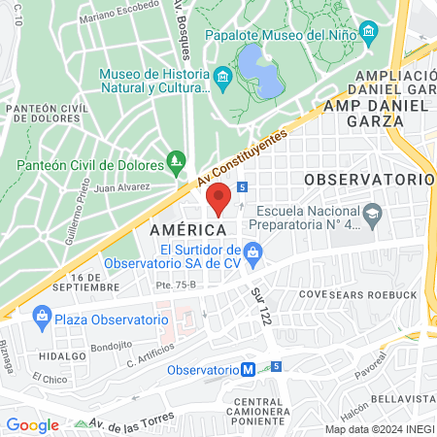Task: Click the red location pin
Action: tap(219, 197)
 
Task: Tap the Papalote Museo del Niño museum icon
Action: tap(369, 35)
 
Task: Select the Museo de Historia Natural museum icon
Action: tap(222, 77)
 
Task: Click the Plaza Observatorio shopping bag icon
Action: tap(42, 316)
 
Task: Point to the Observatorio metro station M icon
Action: tap(249, 370)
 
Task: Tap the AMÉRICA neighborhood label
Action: tap(188, 230)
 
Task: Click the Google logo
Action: tap(33, 424)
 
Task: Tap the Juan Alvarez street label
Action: tap(120, 187)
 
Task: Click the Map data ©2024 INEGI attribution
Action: tap(379, 429)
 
